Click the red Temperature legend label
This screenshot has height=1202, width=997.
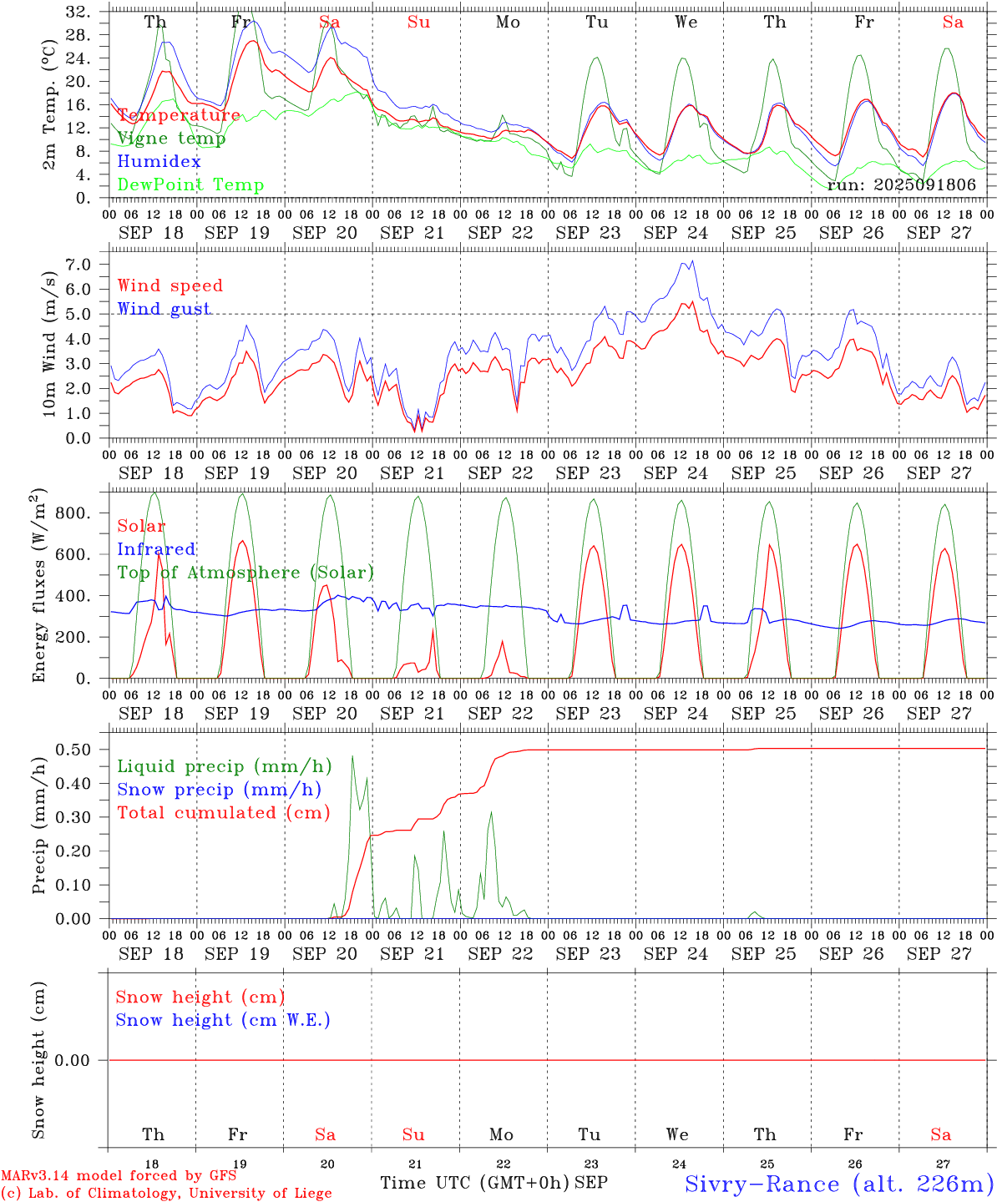coord(179,115)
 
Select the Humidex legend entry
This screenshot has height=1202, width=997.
coord(159,162)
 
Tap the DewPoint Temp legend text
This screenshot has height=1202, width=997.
coord(190,185)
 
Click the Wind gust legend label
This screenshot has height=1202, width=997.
coord(164,309)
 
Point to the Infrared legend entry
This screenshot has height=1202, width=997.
coord(156,549)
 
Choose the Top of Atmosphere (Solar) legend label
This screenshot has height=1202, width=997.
coord(245,573)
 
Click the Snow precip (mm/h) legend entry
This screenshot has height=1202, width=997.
coord(220,790)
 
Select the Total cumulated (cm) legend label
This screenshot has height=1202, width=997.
coord(224,813)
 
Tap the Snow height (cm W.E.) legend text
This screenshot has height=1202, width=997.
coord(223,1020)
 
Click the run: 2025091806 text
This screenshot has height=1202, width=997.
coord(901,184)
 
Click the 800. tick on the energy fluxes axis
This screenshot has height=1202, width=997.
coord(73,513)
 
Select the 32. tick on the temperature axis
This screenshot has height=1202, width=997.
coord(79,12)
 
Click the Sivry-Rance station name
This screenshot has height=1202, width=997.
coord(838,1184)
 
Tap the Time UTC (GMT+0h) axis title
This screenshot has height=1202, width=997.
coord(474,1183)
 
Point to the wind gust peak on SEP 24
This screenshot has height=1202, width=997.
coord(691,261)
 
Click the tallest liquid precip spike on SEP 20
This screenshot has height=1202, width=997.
coord(352,756)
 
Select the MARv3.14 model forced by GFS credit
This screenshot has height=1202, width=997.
coord(119,1176)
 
